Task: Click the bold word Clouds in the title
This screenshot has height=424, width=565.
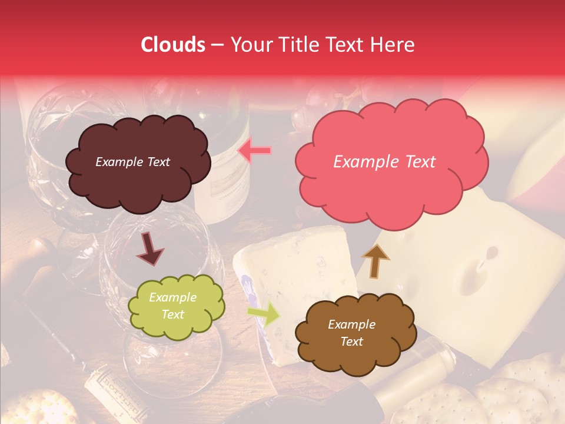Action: [x=172, y=45]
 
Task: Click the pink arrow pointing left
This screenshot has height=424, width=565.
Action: [x=254, y=151]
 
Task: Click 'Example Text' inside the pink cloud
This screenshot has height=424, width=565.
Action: [x=384, y=162]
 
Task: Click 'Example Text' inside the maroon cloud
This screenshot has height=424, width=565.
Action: [x=132, y=162]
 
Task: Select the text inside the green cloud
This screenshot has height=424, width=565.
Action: [x=172, y=306]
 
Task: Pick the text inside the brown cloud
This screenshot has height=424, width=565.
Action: [x=351, y=333]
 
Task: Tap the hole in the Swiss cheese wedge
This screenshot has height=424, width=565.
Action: [x=474, y=271]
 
